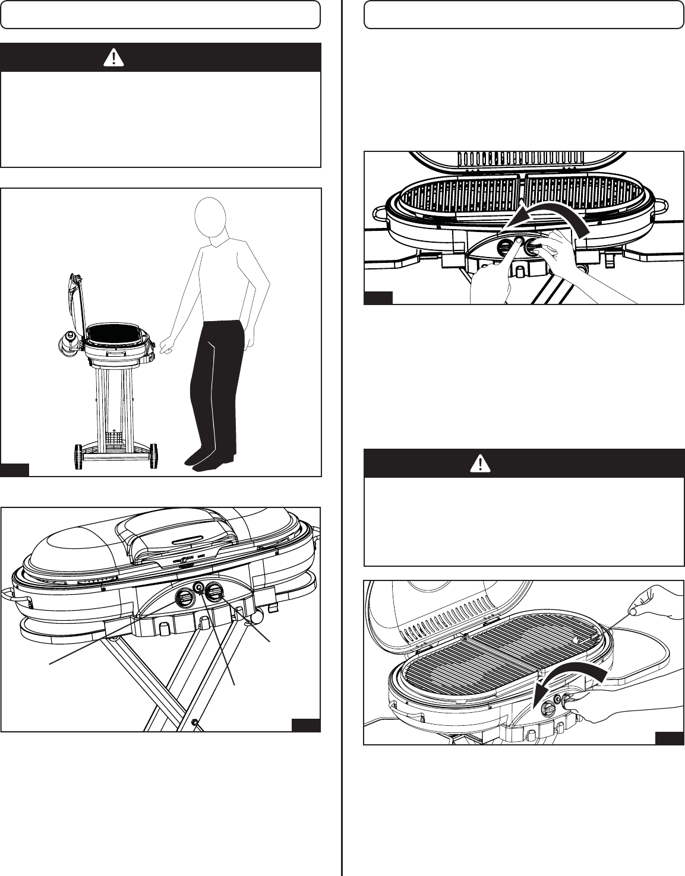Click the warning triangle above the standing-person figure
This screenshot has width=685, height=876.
pos(113,58)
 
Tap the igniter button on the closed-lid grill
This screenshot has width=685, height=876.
pos(199,589)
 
